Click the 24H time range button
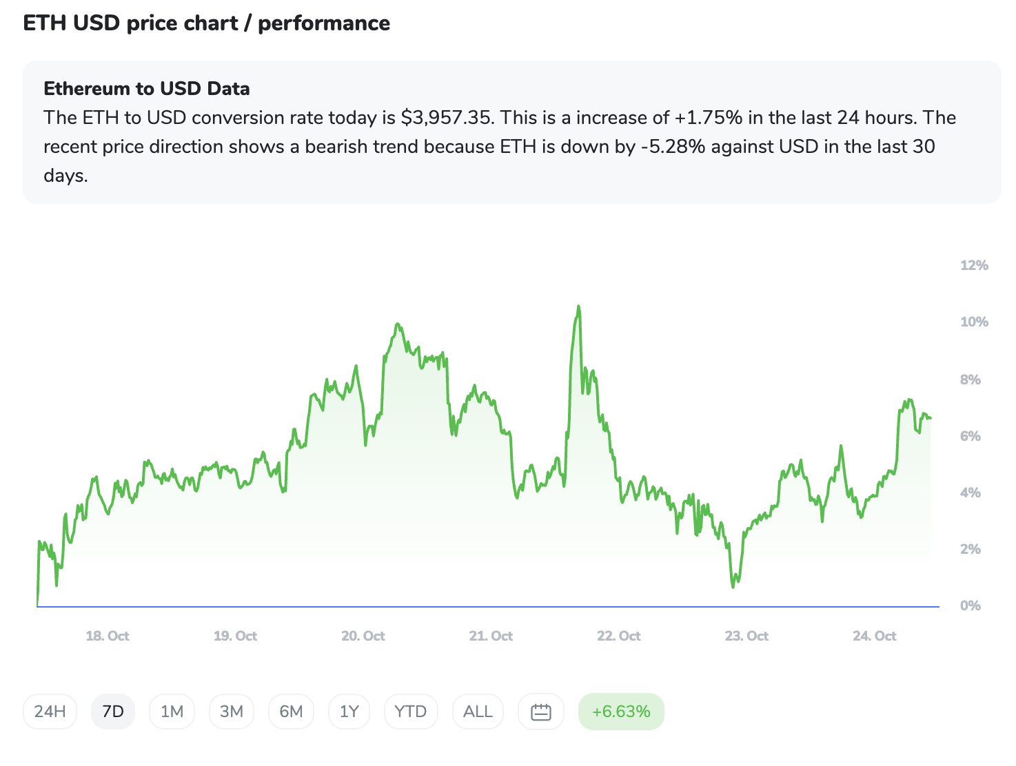(50, 712)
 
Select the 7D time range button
(113, 712)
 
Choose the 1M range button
(172, 712)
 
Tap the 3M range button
(232, 712)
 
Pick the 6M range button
(291, 712)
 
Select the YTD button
(411, 712)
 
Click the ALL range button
(478, 712)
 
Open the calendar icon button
(541, 712)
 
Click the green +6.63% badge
(621, 712)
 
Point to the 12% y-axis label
(974, 265)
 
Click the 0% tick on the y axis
(970, 605)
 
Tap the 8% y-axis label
(970, 380)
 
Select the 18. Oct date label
(108, 636)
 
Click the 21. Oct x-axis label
(491, 636)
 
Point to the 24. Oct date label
(874, 636)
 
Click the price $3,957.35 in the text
(447, 118)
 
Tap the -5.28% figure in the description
(672, 147)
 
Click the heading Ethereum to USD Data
(147, 88)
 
